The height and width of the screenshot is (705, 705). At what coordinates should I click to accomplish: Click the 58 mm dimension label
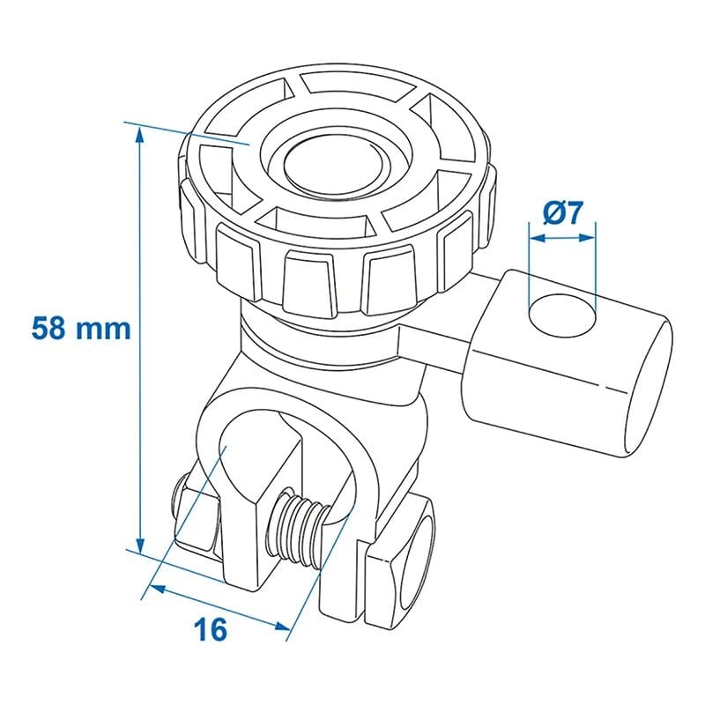[x=81, y=328]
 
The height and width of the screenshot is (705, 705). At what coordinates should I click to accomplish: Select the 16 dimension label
[x=211, y=629]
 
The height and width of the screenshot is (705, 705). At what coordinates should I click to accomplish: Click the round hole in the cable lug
[x=562, y=316]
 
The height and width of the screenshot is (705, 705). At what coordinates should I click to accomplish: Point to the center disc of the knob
[x=334, y=167]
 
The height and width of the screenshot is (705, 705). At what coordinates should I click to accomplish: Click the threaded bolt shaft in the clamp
[x=297, y=530]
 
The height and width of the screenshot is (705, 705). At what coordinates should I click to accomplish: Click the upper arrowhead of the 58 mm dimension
[x=140, y=135]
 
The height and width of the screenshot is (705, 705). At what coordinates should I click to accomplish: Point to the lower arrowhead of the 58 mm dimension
[x=140, y=545]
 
